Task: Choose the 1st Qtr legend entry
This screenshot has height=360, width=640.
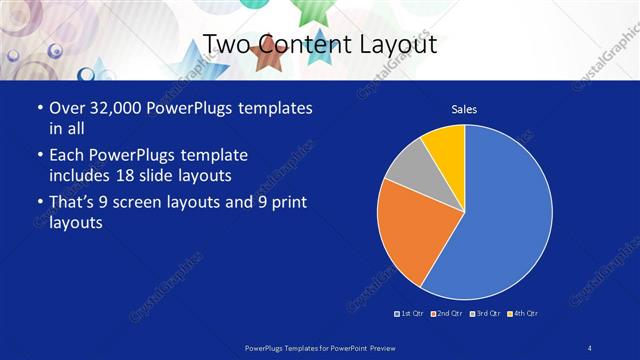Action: point(411,314)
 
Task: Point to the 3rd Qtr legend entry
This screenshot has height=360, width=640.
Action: point(486,314)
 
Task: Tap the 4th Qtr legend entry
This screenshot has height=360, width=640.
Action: point(524,314)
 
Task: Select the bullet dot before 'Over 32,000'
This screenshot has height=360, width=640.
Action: point(39,108)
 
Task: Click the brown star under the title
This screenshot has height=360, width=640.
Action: point(267,59)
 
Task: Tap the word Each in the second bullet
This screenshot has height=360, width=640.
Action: point(68,155)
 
